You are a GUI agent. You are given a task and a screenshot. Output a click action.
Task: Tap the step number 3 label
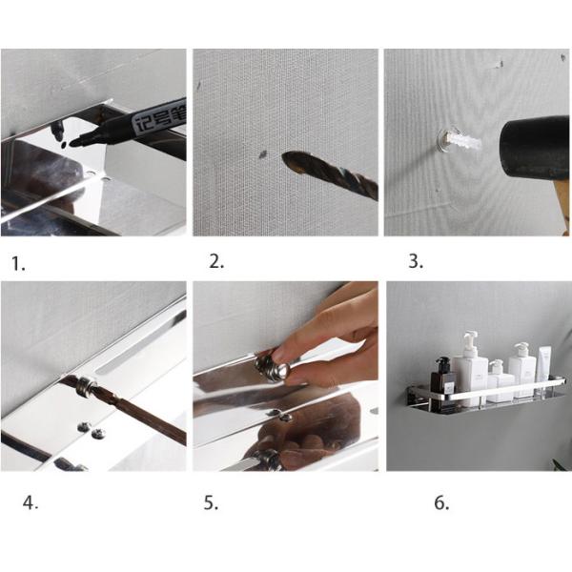pyautogui.click(x=416, y=262)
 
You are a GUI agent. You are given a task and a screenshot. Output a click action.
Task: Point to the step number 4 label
pyautogui.click(x=31, y=503)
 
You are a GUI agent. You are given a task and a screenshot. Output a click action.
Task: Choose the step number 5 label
pyautogui.click(x=211, y=503)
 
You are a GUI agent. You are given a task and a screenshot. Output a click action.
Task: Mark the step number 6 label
pyautogui.click(x=441, y=503)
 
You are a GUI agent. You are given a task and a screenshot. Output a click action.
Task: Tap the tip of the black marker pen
pyautogui.click(x=73, y=143)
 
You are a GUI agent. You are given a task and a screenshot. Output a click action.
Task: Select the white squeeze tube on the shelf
pyautogui.click(x=544, y=368)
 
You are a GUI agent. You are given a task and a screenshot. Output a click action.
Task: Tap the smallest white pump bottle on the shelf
pyautogui.click(x=496, y=380)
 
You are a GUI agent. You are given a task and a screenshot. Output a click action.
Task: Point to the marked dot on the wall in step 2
pyautogui.click(x=261, y=151)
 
